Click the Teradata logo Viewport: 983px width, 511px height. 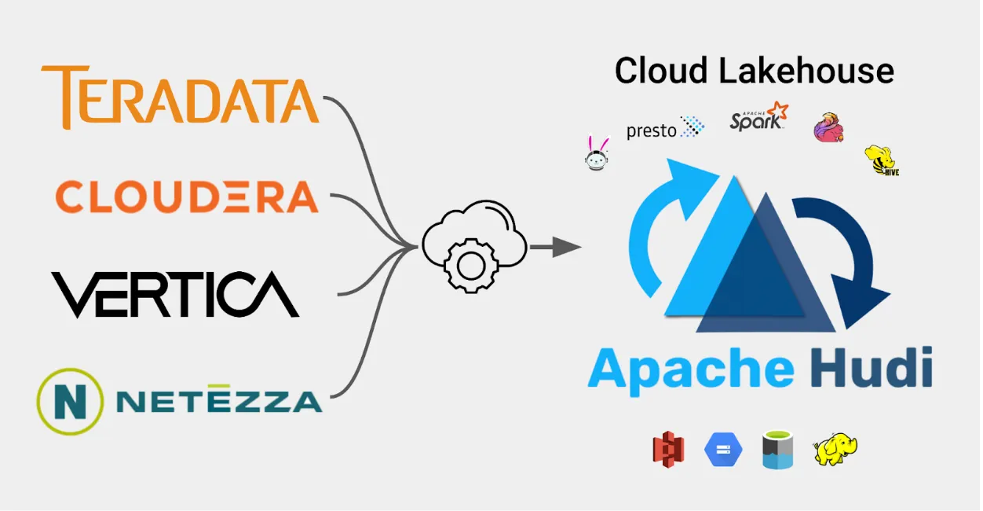click(180, 97)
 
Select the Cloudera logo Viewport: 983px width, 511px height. click(187, 197)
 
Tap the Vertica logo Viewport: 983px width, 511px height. click(175, 295)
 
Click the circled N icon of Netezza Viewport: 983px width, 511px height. click(70, 402)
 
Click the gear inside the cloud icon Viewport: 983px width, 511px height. click(471, 266)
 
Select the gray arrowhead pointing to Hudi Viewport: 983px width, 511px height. click(567, 247)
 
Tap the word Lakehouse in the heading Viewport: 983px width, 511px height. click(806, 71)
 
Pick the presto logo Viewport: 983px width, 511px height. click(665, 128)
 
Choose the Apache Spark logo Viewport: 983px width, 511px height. click(759, 116)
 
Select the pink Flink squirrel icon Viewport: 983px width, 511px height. click(829, 127)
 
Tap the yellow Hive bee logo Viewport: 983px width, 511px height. click(882, 160)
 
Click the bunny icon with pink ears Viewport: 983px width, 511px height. click(597, 153)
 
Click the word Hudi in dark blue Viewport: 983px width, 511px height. click(872, 367)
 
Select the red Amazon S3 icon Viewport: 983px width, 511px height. click(668, 450)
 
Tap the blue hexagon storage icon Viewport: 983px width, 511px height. click(723, 450)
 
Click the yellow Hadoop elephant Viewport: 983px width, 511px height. click(835, 449)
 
